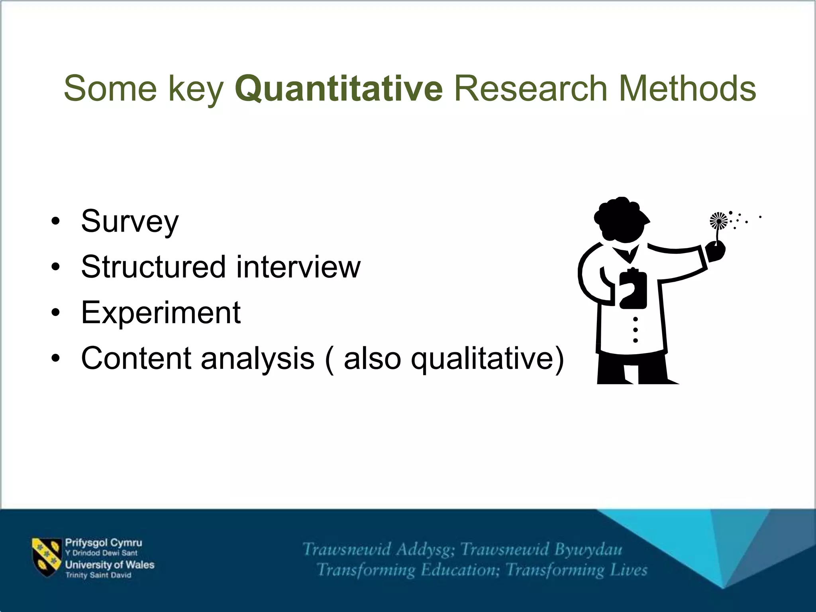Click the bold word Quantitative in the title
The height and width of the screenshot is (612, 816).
tap(339, 88)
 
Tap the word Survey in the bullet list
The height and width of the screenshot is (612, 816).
tap(130, 222)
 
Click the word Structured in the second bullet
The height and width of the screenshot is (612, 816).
tap(153, 267)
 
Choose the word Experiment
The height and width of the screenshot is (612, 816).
tap(161, 312)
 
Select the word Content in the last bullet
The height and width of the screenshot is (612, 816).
tap(135, 358)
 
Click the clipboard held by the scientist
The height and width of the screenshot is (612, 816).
tap(633, 289)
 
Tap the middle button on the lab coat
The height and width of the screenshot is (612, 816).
tap(635, 330)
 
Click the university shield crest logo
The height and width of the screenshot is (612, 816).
tap(47, 557)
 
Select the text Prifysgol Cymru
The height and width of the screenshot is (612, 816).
tap(103, 543)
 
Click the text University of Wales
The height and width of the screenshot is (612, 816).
tap(110, 565)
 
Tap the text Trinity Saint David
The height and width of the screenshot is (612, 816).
tap(98, 575)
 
